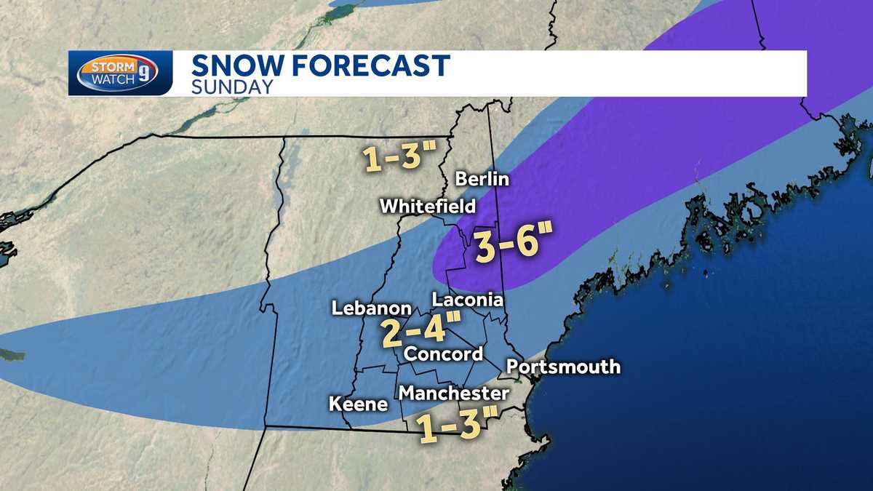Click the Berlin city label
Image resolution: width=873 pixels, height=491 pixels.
coord(482,179)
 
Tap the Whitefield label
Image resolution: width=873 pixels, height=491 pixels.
coord(428,207)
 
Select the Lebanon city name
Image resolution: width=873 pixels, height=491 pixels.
coord(372,308)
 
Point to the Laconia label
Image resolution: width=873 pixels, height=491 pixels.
coord(468,300)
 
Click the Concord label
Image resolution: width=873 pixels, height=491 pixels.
coord(443,354)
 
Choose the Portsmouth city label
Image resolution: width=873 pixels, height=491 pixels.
coord(563,367)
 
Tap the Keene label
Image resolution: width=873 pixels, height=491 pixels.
coord(359,404)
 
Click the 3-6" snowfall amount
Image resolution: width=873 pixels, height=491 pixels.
coord(514,246)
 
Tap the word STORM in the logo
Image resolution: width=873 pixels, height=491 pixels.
coord(108,67)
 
